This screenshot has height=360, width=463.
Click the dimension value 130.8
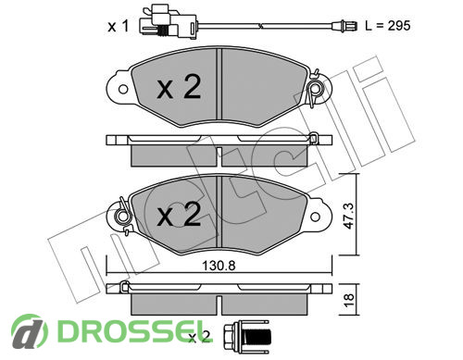[219, 266]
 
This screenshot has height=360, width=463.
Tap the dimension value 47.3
[349, 216]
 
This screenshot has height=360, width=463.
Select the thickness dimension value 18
[349, 300]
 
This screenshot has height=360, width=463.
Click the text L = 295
[388, 26]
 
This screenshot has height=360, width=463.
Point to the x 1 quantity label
[119, 27]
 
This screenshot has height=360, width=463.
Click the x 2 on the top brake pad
[179, 87]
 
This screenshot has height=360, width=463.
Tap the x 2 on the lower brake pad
[179, 214]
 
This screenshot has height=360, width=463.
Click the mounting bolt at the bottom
[247, 337]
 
